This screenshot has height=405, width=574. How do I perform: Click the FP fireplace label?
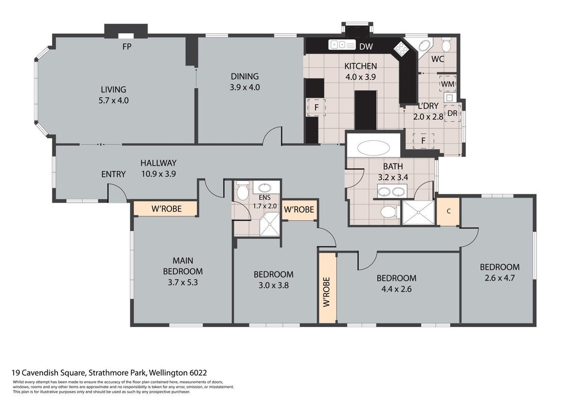[127, 47]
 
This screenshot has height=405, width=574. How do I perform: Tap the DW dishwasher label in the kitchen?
[366, 47]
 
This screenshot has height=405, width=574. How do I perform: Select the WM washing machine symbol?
[448, 84]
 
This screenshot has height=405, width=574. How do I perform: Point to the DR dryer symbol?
[452, 113]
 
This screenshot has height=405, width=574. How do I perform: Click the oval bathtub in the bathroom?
[373, 148]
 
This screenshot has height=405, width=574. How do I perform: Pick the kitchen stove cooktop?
[401, 48]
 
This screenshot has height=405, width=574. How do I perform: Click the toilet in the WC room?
[446, 45]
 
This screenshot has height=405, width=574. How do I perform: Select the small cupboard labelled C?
[448, 212]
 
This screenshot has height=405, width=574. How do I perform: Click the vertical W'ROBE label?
[327, 291]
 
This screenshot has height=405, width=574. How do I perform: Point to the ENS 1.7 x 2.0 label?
[265, 202]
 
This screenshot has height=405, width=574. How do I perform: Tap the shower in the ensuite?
[270, 224]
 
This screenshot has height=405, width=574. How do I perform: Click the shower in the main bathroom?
[418, 212]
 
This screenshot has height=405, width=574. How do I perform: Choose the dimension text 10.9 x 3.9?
[159, 174]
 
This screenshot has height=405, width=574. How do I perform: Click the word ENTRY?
[114, 174]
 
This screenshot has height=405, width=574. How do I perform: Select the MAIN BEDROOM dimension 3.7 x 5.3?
[183, 282]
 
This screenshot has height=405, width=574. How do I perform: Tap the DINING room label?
[244, 76]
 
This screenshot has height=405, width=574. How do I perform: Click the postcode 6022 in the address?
[198, 373]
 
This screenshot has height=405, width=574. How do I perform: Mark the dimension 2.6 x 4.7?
[499, 278]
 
